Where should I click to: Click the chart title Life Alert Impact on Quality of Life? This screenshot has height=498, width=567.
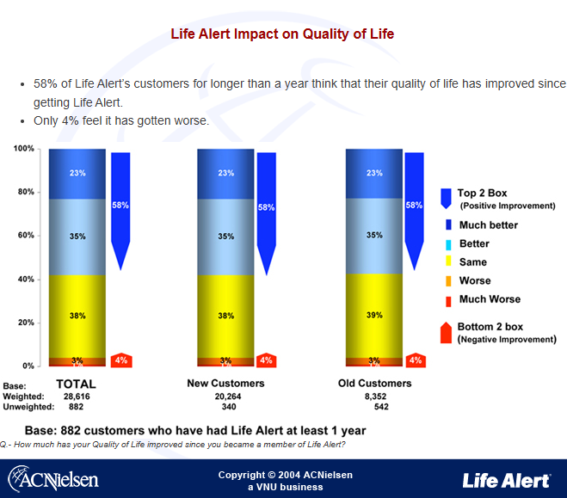point(282,34)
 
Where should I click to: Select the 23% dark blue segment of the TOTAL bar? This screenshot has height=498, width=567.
point(77,174)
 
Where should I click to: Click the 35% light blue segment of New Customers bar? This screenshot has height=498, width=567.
point(225,236)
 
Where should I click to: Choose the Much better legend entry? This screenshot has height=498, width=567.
point(487,225)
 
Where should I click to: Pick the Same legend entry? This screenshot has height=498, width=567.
point(472,262)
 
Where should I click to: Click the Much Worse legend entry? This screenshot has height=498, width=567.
point(489,299)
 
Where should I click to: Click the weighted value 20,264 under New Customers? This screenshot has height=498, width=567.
point(226,396)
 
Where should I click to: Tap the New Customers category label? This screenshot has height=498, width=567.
point(226,383)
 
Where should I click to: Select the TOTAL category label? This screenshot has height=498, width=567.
point(76,384)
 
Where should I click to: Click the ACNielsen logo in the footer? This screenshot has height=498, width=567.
point(53,477)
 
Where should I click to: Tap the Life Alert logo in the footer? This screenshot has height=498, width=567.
point(506,479)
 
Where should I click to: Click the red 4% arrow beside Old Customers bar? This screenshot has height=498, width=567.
point(416,360)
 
